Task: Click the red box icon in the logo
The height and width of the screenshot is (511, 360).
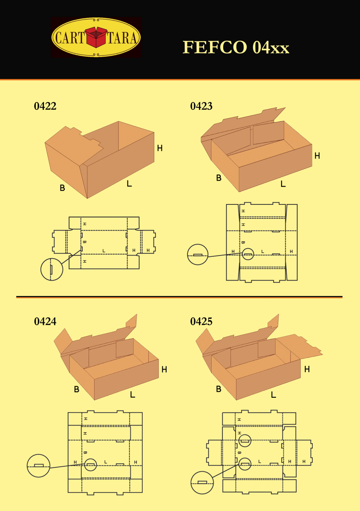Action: click(96, 37)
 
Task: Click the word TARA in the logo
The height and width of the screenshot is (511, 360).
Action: click(122, 38)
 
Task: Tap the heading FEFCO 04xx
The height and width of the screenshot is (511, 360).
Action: click(236, 48)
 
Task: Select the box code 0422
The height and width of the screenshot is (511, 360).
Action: click(45, 106)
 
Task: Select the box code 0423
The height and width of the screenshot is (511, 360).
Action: click(201, 106)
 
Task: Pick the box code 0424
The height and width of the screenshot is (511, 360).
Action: click(45, 322)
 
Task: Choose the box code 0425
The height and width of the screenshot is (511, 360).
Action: click(201, 322)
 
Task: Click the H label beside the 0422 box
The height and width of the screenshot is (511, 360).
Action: click(160, 148)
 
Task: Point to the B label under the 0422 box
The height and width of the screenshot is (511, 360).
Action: click(62, 188)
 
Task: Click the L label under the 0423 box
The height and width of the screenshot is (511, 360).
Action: click(283, 184)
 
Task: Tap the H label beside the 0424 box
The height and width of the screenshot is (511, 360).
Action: click(164, 370)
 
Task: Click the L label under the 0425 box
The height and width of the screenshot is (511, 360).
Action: click(273, 395)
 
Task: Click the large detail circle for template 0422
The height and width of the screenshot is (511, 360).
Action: click(52, 269)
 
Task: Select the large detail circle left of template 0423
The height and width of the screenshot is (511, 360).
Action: click(198, 255)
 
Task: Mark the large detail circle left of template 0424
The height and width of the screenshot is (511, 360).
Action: click(38, 466)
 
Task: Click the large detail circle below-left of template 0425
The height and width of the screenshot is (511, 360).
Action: click(202, 483)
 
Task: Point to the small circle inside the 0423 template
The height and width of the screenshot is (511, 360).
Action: click(248, 254)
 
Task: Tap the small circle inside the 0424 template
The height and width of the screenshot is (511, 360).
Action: click(90, 465)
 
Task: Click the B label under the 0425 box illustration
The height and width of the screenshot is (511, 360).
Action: click(219, 389)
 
